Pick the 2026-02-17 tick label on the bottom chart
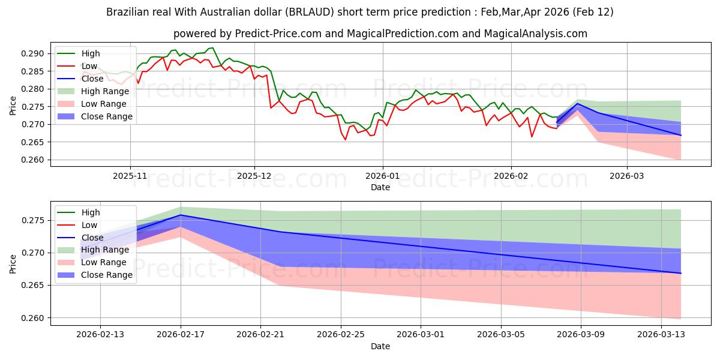tap(181, 334)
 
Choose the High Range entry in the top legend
tap(105, 91)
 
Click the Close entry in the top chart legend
tap(92, 79)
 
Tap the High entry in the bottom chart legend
tap(91, 212)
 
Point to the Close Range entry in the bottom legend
tap(107, 275)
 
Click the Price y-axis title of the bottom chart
tap(13, 263)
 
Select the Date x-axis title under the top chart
tap(380, 187)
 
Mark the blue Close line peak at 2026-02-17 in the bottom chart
tap(181, 215)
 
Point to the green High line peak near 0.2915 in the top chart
tap(212, 48)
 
